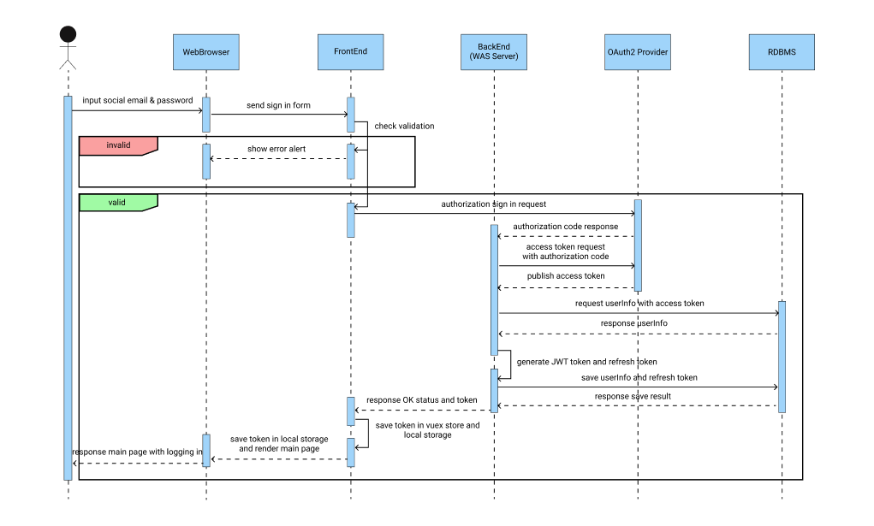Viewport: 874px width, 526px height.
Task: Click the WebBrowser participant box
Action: click(205, 52)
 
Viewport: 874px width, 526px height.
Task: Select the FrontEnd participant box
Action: click(350, 52)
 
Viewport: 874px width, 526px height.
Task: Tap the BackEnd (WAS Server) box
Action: click(493, 52)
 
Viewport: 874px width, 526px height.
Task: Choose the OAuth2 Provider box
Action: click(637, 52)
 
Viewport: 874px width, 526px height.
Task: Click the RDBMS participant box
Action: click(781, 52)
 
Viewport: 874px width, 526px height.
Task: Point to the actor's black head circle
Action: click(68, 34)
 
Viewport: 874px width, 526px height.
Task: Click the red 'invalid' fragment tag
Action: click(118, 145)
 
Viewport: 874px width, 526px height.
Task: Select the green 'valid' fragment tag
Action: click(118, 203)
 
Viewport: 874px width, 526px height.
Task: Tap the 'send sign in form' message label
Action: click(278, 105)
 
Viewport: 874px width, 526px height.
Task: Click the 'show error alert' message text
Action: click(277, 149)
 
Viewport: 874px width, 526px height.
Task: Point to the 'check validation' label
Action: click(404, 126)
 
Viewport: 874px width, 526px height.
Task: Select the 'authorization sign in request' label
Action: click(493, 204)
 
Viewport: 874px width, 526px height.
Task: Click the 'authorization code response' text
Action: click(565, 227)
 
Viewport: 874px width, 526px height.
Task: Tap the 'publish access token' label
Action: click(565, 276)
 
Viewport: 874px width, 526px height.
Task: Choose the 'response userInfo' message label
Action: click(633, 323)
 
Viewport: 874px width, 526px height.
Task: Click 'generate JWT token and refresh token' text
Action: click(587, 362)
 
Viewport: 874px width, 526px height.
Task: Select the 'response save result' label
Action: click(633, 396)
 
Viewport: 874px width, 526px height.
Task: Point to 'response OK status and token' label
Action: click(422, 399)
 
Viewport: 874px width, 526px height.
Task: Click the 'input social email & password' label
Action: click(138, 100)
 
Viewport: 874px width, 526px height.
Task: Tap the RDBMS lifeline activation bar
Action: click(782, 356)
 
